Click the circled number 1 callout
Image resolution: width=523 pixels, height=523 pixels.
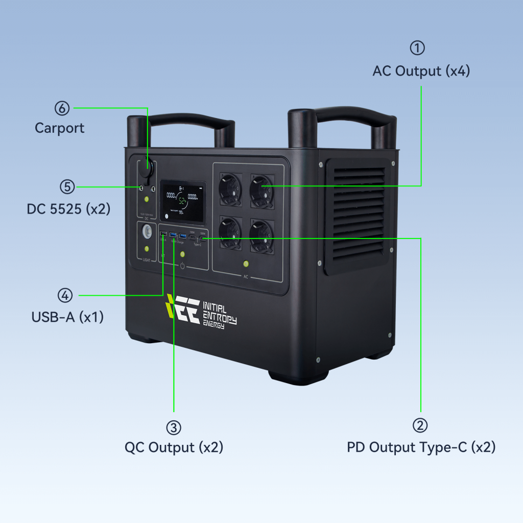[x=417, y=48]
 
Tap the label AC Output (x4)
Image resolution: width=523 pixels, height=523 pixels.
[x=421, y=70]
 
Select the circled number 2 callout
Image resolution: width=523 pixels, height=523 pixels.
[x=420, y=425]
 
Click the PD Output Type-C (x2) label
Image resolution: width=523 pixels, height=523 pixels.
[x=421, y=447]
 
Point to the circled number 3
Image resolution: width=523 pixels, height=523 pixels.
[x=174, y=426]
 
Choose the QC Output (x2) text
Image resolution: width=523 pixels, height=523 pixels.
[x=174, y=447]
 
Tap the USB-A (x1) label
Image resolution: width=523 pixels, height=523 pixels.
[x=67, y=317]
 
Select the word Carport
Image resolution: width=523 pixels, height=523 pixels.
[x=59, y=128]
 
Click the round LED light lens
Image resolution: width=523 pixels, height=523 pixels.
[x=147, y=231]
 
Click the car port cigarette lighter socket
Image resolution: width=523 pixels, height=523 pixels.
[x=147, y=168]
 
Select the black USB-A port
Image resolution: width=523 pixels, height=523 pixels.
[x=163, y=235]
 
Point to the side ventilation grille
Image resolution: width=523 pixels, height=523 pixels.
[x=356, y=215]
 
